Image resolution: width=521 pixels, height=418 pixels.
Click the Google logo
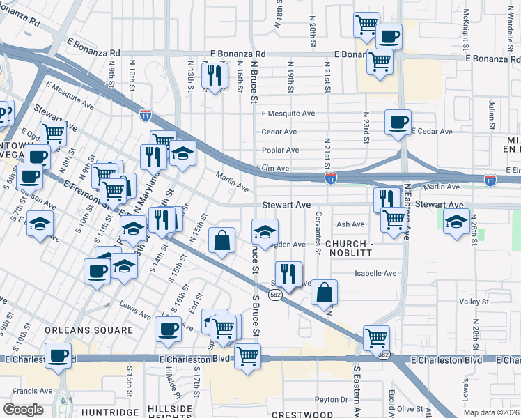click(24, 410)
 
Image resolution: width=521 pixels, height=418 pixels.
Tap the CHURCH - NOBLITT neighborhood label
click(355, 244)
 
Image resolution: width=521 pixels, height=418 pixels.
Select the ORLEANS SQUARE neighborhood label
click(88, 330)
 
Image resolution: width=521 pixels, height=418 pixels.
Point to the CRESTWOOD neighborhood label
click(303, 414)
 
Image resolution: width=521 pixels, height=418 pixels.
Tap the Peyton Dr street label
click(331, 399)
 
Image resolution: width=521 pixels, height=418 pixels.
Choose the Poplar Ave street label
click(280, 150)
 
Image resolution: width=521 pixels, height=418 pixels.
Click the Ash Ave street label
click(350, 224)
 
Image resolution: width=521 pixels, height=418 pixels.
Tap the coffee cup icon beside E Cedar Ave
click(398, 123)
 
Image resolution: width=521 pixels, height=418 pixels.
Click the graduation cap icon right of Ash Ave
click(456, 222)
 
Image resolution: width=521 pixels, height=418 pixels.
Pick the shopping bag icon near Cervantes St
click(324, 292)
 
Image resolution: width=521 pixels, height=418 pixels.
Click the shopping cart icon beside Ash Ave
click(394, 220)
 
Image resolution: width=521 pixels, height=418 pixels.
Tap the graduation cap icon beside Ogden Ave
click(264, 231)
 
